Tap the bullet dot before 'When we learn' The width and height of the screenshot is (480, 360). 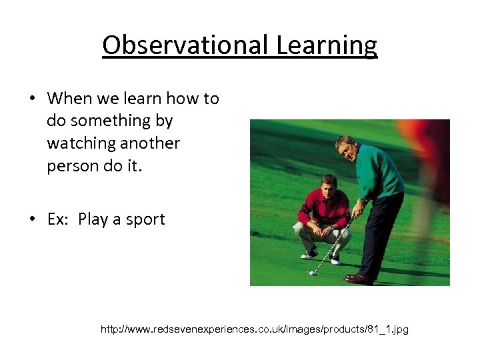pyautogui.click(x=31, y=99)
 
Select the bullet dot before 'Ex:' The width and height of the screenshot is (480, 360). pyautogui.click(x=31, y=219)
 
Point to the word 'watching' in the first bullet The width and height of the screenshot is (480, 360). pyautogui.click(x=80, y=143)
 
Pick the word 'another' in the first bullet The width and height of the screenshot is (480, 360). pyautogui.click(x=151, y=143)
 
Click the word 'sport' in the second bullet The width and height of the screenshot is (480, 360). pyautogui.click(x=145, y=219)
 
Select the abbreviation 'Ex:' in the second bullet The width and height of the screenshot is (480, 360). pyautogui.click(x=59, y=219)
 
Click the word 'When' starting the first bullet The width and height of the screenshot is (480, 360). pyautogui.click(x=69, y=99)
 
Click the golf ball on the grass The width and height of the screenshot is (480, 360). pyautogui.click(x=311, y=273)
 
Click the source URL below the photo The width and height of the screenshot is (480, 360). pyautogui.click(x=254, y=329)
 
